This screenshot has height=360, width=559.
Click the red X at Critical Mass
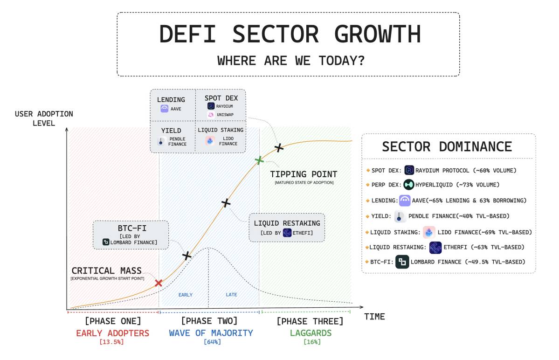point(159,283)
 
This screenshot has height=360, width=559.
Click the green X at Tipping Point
point(259,160)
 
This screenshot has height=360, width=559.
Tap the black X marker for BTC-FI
point(186,256)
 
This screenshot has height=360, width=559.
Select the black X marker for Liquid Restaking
point(226,203)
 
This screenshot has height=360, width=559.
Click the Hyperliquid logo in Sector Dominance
point(408,185)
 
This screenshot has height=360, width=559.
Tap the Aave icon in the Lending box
point(165,109)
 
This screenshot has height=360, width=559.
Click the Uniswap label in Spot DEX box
point(225,115)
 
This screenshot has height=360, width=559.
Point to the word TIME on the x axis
point(374,317)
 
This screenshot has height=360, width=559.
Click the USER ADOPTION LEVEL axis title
point(44,118)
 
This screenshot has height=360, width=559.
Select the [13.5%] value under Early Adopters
point(112,342)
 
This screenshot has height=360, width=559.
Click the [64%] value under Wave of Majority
point(212,342)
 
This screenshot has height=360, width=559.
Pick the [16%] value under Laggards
point(312,342)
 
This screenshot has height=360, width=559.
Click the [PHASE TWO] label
point(209,321)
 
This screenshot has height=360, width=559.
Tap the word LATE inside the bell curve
point(231,295)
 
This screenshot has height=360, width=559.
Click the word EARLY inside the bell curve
point(185,295)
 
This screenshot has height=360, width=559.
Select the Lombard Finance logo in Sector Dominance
point(402,262)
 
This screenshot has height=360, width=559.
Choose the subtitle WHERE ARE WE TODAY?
point(291,61)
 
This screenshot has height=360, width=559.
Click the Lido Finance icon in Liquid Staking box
point(210,141)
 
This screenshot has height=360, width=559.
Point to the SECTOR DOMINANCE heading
point(447,146)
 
